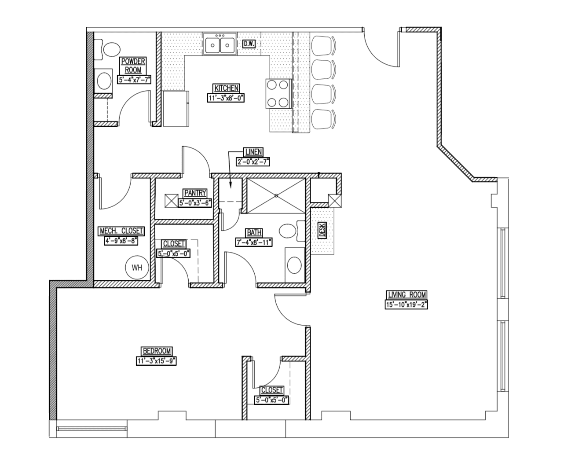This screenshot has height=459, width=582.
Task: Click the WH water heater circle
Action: click(x=137, y=268)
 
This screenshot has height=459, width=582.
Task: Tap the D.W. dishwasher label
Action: click(x=249, y=44)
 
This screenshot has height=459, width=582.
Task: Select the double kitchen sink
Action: click(x=220, y=44)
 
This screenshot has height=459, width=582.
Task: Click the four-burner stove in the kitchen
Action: click(x=278, y=93)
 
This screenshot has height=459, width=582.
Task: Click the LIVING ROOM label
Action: click(x=406, y=295)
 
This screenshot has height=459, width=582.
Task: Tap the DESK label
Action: click(x=322, y=230)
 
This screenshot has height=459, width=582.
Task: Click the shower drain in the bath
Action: click(x=276, y=195)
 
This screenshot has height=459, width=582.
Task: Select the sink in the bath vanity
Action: click(x=295, y=265)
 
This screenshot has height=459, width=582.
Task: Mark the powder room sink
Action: click(x=105, y=81)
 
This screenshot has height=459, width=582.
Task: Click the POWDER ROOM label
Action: click(x=133, y=66)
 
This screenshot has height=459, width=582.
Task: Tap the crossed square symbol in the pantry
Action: click(x=170, y=201)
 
